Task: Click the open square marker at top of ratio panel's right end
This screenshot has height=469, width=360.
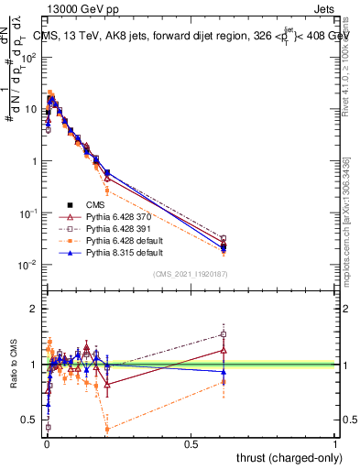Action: (x=224, y=333)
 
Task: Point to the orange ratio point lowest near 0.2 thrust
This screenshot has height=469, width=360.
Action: (x=108, y=429)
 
